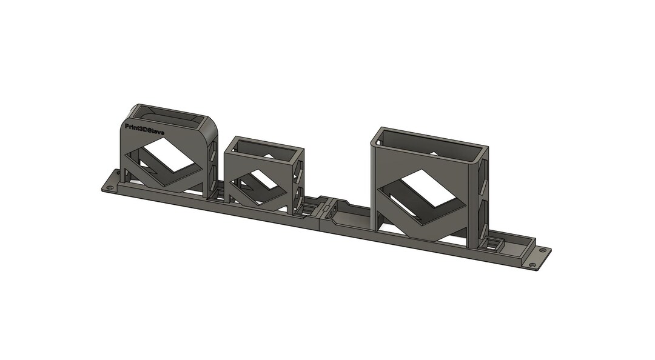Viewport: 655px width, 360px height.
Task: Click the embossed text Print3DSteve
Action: [x=144, y=129]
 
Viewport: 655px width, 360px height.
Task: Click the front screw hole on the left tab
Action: [x=109, y=188]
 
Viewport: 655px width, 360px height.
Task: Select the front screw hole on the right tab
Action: [x=532, y=264]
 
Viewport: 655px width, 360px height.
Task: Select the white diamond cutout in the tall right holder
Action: [x=430, y=187]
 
